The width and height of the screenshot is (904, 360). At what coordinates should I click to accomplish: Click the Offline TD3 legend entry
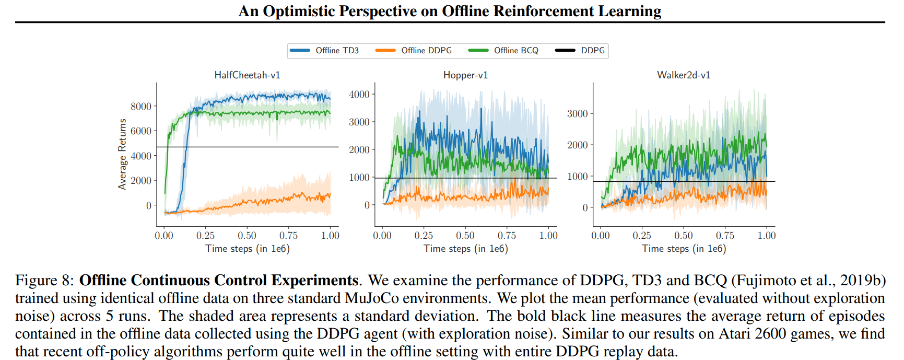point(336,51)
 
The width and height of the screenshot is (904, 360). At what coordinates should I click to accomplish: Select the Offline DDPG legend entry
point(426,51)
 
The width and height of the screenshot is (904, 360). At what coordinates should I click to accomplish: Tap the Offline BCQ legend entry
point(515,51)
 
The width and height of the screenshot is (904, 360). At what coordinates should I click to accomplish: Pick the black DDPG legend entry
point(592,51)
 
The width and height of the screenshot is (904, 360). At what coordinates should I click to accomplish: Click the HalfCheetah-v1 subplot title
point(247,75)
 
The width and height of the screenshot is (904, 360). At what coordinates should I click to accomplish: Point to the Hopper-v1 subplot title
point(465,75)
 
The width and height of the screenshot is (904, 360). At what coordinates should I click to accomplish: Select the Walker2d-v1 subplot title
point(683,75)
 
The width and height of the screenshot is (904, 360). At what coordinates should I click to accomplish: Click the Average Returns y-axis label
point(122,154)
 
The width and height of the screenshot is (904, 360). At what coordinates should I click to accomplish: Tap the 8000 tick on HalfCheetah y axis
point(140,107)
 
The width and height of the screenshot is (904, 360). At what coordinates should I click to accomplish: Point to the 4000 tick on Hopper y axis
point(359,95)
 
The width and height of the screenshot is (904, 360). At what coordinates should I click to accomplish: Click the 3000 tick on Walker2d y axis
point(577,114)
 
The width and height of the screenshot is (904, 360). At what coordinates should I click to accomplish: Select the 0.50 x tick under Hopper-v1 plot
point(465,236)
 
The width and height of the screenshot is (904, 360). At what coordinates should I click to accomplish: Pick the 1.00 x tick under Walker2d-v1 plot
point(766,236)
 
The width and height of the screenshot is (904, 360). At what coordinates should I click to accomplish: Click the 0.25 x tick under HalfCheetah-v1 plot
point(205,236)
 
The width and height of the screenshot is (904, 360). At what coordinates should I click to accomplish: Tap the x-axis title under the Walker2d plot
point(683,249)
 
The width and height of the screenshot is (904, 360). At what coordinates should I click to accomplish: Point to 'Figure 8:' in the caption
point(45,281)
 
